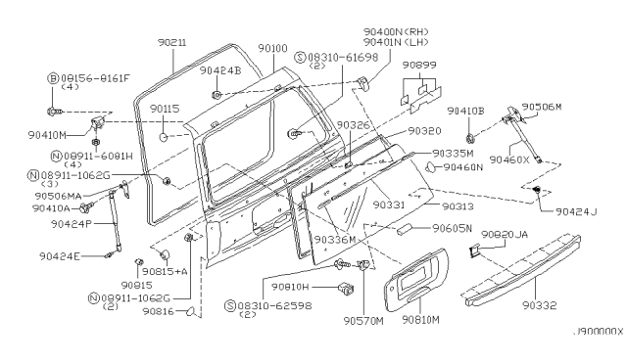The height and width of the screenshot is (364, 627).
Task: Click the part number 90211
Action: pos(175,43)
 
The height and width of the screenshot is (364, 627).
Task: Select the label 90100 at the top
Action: pos(274,48)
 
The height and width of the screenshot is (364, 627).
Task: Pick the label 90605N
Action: pos(453,229)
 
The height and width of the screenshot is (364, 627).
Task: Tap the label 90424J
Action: pos(576,211)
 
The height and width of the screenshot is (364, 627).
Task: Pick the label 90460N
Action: pos(463,167)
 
